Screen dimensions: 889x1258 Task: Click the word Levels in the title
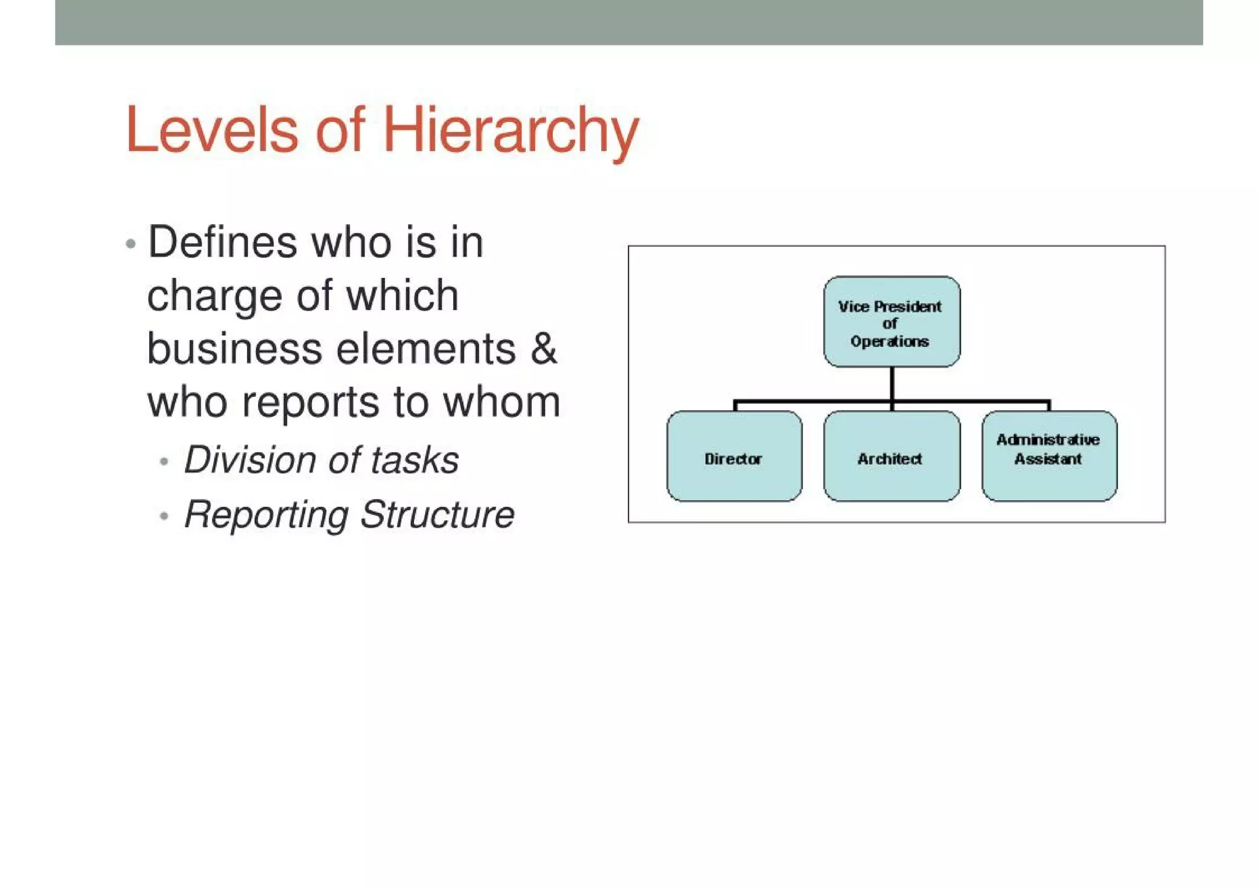[x=212, y=130]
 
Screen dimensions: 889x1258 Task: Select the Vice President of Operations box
[x=891, y=321]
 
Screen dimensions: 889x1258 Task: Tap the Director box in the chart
[x=734, y=456]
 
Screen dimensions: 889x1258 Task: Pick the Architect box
[x=891, y=456]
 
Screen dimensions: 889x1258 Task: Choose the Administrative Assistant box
[x=1049, y=456]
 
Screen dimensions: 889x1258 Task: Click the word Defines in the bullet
[x=222, y=242]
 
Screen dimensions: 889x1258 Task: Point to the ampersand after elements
[x=544, y=348]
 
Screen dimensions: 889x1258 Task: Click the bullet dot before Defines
[x=130, y=244]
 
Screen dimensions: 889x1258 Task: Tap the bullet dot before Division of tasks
[x=163, y=461]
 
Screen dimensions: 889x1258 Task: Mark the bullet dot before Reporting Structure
[x=163, y=516]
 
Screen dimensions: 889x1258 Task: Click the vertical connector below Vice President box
[x=891, y=383]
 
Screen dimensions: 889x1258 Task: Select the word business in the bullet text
[x=234, y=348]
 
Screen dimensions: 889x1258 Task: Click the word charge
[x=213, y=296]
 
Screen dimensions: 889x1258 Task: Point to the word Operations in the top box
[x=889, y=342]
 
